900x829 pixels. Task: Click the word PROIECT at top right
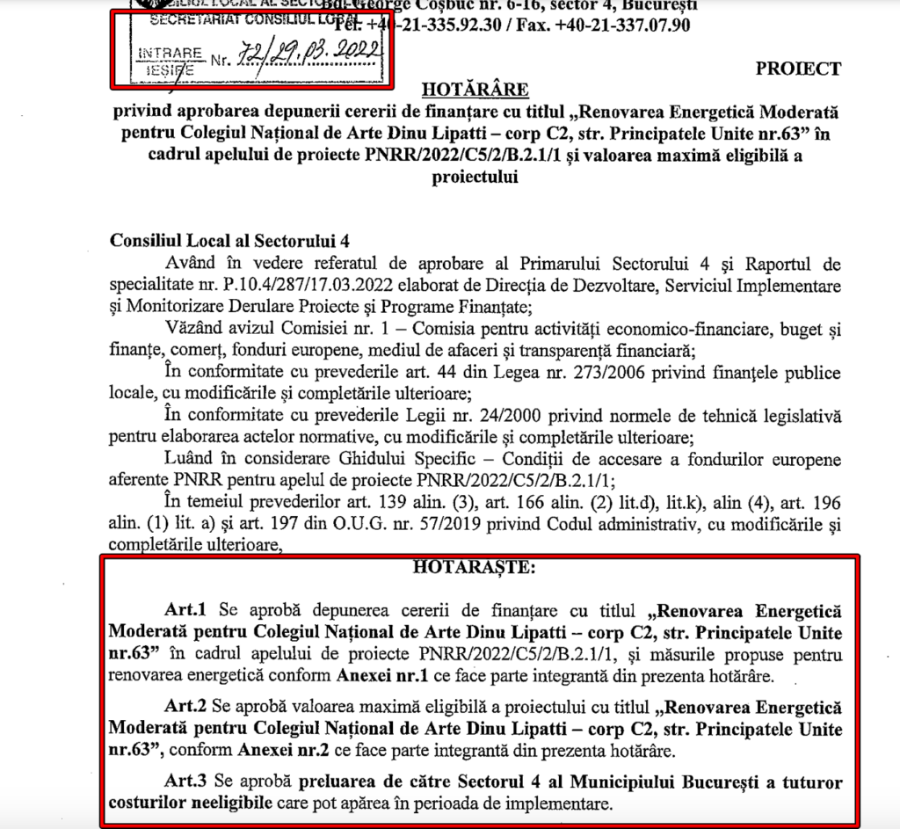coord(797,69)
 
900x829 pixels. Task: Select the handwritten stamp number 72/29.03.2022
coord(308,56)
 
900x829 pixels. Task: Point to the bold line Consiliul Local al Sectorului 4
coord(208,239)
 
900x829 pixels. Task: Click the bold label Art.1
coord(185,609)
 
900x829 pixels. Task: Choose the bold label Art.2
coord(185,708)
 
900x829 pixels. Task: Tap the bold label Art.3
coord(185,782)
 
